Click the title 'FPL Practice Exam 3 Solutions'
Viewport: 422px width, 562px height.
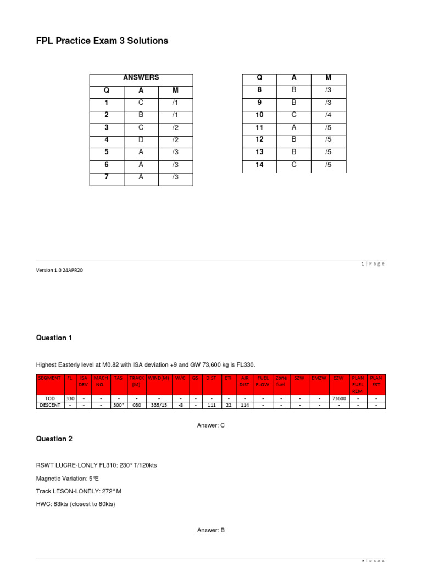click(102, 41)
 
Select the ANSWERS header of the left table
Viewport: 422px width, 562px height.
click(141, 78)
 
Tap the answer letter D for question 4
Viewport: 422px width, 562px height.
click(141, 140)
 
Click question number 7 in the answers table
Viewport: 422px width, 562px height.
click(107, 177)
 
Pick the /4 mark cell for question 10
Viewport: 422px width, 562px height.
click(329, 115)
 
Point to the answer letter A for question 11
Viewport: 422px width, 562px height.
click(294, 127)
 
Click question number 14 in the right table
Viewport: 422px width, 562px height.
click(260, 165)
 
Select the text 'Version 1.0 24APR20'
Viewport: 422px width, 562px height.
click(60, 270)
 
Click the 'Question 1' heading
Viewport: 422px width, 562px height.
click(54, 338)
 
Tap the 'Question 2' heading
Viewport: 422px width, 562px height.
click(54, 439)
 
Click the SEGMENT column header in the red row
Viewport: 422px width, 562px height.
click(50, 378)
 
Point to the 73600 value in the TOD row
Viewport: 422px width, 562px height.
click(338, 398)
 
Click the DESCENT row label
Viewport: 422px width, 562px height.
click(50, 406)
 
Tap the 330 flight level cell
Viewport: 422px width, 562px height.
click(70, 398)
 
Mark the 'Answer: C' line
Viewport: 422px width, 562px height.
click(211, 425)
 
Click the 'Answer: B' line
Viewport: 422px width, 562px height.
click(211, 530)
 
